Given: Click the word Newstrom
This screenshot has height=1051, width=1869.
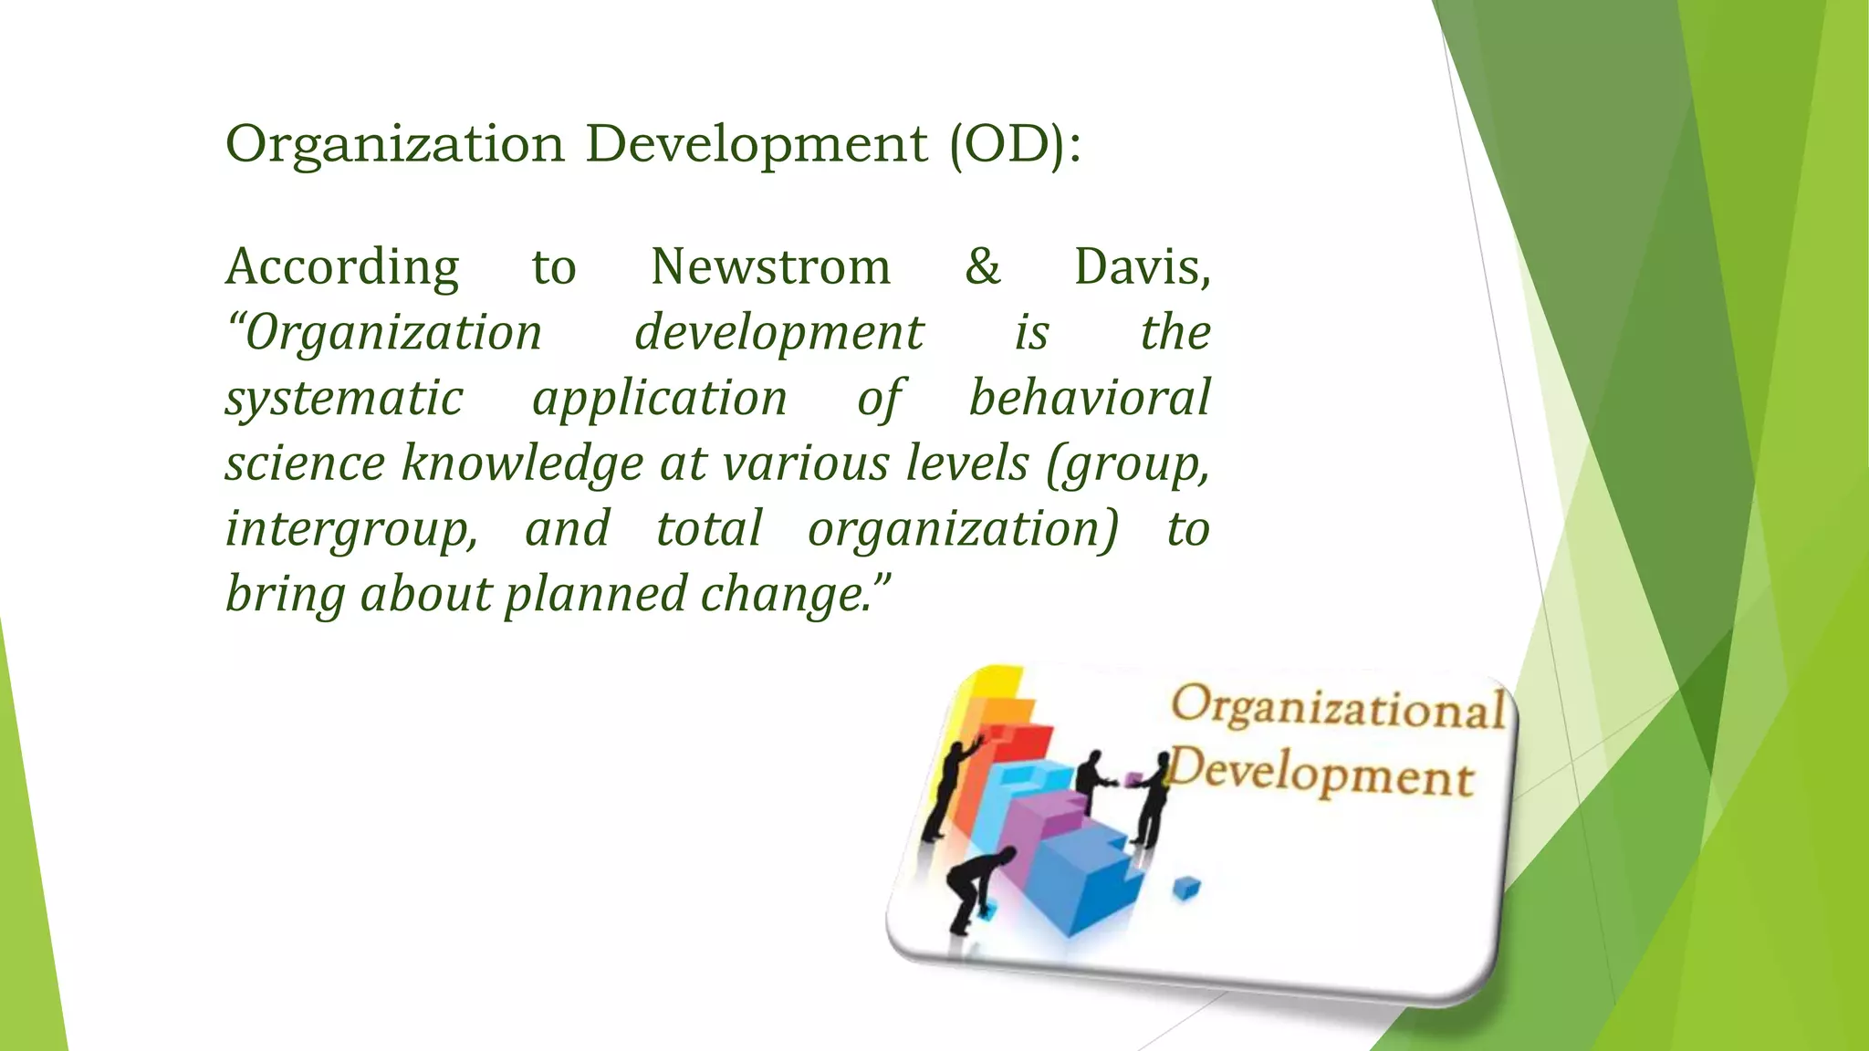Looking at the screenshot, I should tap(770, 267).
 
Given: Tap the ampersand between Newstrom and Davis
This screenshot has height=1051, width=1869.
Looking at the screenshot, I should tap(982, 267).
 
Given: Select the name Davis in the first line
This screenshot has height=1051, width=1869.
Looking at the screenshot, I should tap(1142, 267).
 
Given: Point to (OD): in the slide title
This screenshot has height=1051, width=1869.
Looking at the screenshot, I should tap(1015, 144).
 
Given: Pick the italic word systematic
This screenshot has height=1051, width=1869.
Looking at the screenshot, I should tap(344, 400).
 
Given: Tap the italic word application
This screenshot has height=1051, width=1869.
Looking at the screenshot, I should tap(659, 400).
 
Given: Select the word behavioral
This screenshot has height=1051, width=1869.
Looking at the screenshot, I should tap(1089, 398).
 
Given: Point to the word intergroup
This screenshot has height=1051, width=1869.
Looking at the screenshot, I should tap(351, 530).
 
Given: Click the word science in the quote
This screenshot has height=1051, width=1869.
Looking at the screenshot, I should tap(306, 464).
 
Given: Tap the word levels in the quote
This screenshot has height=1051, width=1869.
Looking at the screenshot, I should tap(967, 463).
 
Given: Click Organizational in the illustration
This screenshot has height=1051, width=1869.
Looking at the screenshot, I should tap(1338, 708).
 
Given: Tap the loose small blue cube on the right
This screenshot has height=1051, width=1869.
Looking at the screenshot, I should tap(1185, 887).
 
